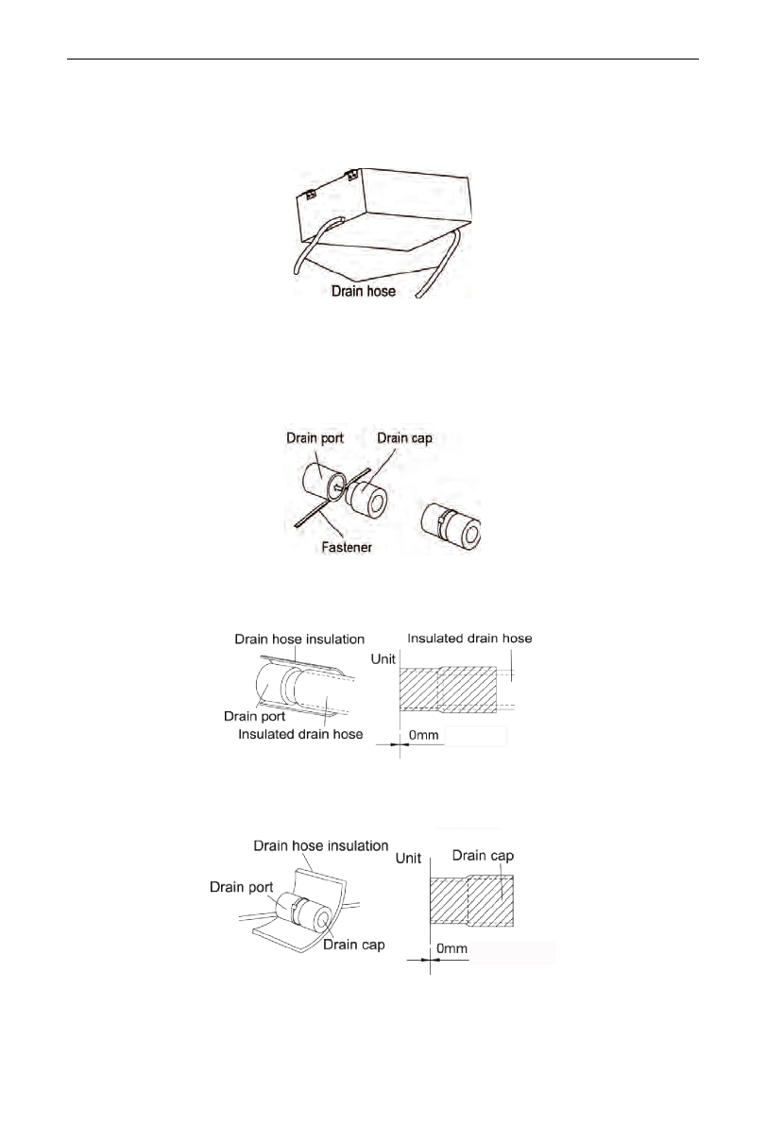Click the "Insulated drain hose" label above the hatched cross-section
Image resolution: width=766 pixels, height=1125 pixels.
[x=469, y=639]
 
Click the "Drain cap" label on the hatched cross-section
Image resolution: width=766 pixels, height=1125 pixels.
[x=482, y=856]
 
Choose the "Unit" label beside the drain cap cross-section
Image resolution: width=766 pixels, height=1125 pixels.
[x=408, y=858]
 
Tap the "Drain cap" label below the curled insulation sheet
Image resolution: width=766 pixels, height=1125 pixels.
[x=353, y=944]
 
